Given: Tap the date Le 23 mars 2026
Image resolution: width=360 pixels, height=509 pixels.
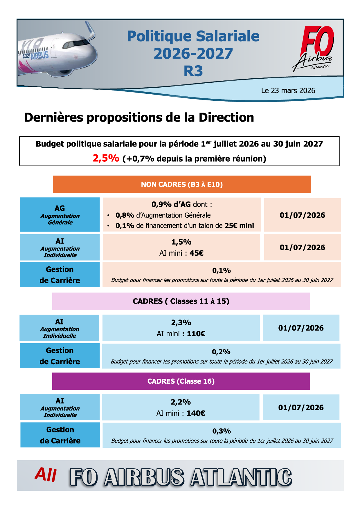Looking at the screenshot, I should (288, 91).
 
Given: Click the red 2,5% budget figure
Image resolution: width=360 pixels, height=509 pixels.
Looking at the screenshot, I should (106, 158).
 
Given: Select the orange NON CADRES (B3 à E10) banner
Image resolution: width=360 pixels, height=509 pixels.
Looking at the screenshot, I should (182, 184).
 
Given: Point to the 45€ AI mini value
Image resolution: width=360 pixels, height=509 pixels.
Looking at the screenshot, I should (197, 253).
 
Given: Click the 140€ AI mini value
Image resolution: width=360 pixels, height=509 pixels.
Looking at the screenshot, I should (196, 413).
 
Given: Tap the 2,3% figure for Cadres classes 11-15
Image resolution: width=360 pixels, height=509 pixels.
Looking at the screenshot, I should (181, 323).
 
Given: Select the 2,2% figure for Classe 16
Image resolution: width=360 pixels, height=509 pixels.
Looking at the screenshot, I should (181, 402).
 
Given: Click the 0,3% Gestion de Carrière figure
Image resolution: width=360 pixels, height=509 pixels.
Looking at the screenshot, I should (222, 431).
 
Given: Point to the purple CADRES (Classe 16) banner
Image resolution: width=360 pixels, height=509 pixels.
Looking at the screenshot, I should (181, 381).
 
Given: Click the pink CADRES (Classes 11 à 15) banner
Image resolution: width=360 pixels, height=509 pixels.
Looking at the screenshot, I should (181, 301).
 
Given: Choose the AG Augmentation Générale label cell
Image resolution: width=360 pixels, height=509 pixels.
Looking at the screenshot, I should (60, 215).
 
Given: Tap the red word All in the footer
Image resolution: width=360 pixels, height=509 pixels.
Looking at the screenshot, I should (46, 475).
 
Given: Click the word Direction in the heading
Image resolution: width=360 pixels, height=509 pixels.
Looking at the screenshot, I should (226, 118).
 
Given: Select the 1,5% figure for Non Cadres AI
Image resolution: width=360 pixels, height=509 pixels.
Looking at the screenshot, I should (181, 242).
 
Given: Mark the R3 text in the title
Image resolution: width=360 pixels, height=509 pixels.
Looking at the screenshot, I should (193, 71).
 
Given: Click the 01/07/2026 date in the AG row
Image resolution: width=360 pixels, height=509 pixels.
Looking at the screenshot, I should (302, 215).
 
